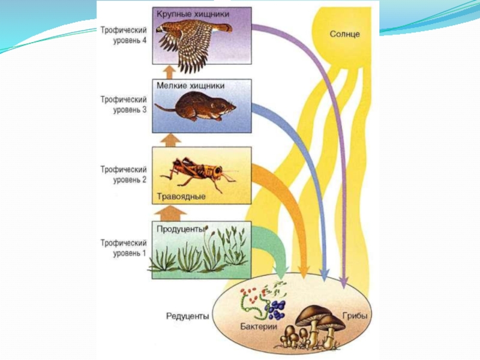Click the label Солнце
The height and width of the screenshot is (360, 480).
point(344,34)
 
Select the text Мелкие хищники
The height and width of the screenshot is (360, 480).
point(186,85)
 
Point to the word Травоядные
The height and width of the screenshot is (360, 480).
point(181,196)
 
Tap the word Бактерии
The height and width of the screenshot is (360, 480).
point(258,327)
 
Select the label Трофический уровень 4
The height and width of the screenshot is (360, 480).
point(123,36)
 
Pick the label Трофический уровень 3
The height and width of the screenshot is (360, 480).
point(123,104)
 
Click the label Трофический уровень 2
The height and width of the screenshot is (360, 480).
point(123,175)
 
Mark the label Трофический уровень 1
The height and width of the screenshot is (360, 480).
point(123,248)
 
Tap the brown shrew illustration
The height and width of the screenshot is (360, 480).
point(198,108)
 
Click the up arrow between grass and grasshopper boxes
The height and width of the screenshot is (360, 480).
point(172,212)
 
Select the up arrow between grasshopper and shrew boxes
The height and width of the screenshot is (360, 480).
point(172,140)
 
